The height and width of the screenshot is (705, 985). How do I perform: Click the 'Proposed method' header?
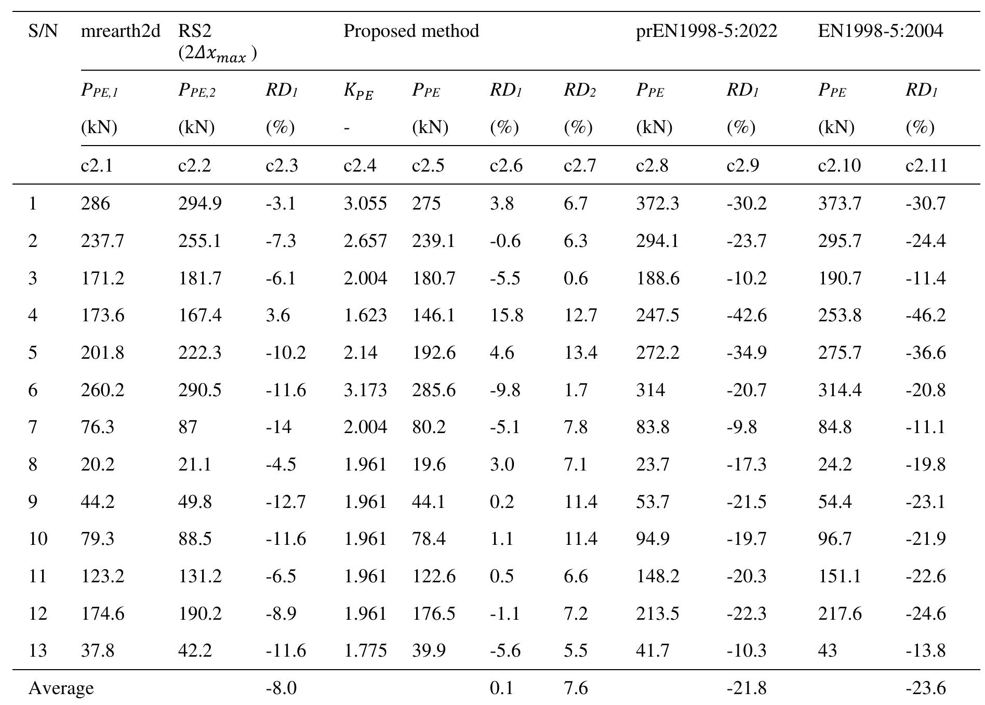[x=411, y=31]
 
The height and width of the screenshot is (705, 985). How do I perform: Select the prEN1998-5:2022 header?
[x=707, y=31]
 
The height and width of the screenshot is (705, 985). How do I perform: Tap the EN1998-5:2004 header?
[x=880, y=31]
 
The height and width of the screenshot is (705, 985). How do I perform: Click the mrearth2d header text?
[x=121, y=31]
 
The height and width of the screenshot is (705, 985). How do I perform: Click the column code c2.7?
[x=580, y=165]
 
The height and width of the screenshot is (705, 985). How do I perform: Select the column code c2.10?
[x=839, y=165]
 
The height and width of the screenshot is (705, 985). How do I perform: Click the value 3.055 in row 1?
[x=365, y=203]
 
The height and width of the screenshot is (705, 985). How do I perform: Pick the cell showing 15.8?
[x=506, y=315]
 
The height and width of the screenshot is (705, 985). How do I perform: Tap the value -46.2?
[x=925, y=315]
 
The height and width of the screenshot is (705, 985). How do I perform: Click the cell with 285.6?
[x=433, y=390]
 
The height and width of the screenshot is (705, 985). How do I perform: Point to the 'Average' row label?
[x=61, y=688]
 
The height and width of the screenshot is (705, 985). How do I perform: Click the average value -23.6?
[x=925, y=688]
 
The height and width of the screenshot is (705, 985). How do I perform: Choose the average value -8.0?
[x=281, y=688]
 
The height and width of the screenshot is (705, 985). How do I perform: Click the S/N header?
[x=43, y=31]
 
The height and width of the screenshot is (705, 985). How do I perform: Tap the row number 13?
[x=37, y=650]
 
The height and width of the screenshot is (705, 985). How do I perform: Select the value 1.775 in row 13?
[x=365, y=650]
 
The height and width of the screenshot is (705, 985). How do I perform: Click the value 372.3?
[x=657, y=203]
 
